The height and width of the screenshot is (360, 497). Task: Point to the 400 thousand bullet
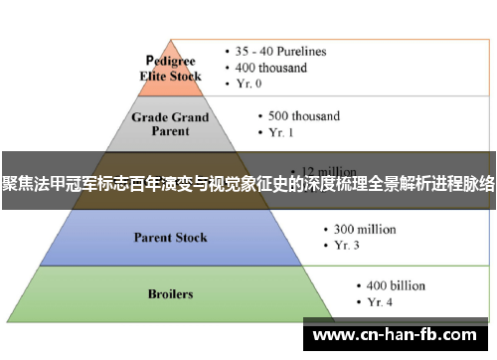pos(275,68)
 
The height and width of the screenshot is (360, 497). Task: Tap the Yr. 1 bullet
pos(281,133)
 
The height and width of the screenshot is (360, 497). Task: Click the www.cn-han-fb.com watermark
pos(399,335)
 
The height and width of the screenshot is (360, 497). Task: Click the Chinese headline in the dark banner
pos(248,182)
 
